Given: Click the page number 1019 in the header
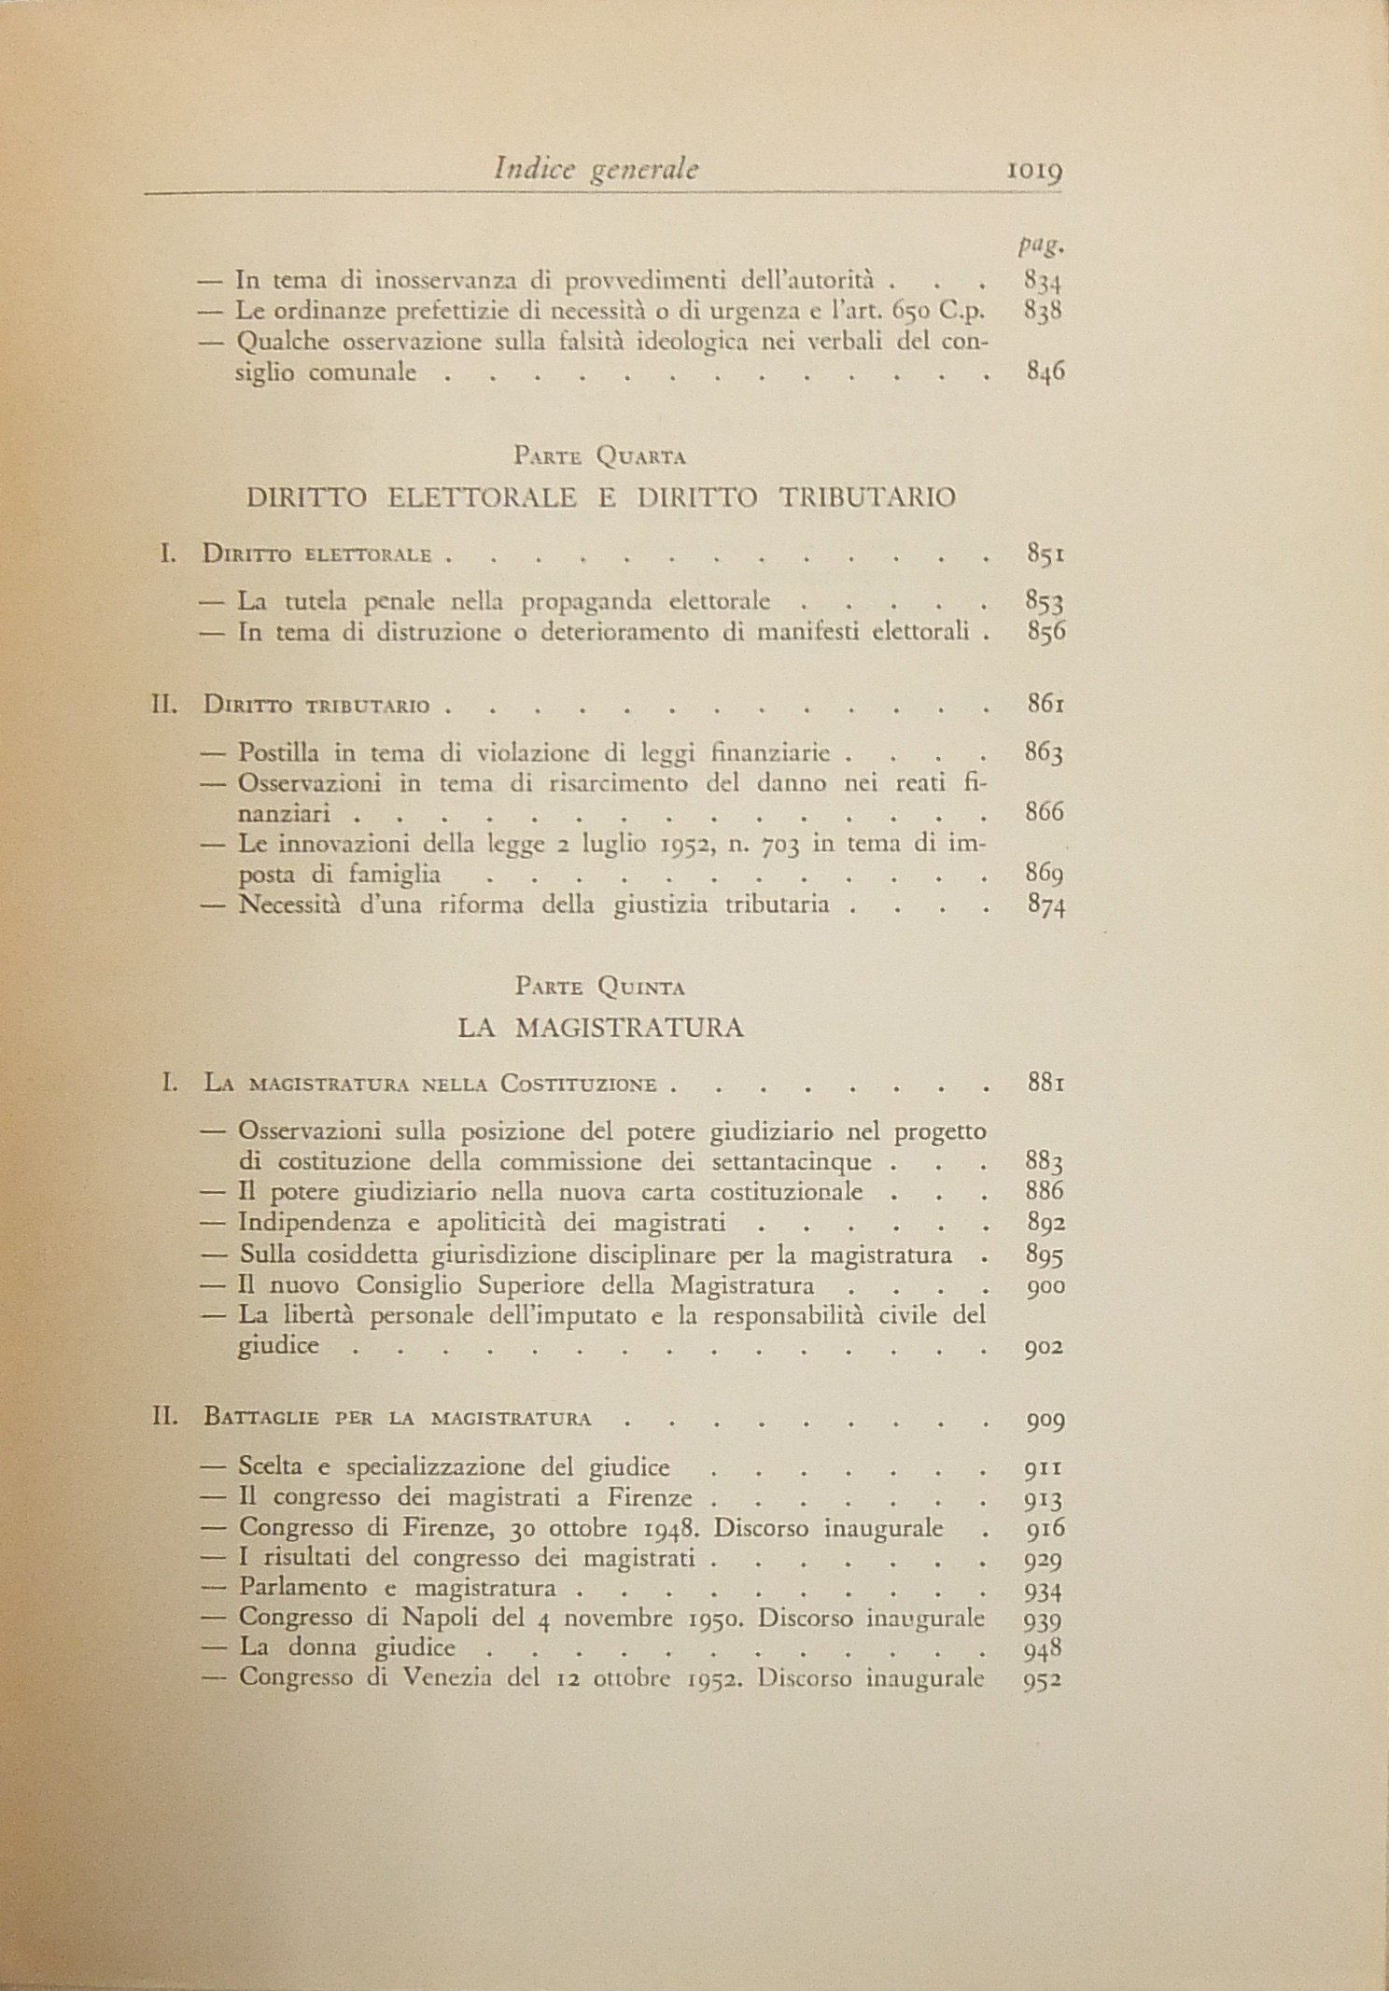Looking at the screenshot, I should tap(1036, 172).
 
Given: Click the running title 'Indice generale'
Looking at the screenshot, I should tap(597, 169).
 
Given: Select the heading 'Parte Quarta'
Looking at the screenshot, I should tap(600, 457).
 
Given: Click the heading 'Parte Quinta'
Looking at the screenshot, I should tap(600, 987).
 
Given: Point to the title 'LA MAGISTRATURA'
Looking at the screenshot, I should tap(600, 1029).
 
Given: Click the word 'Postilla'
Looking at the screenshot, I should tap(278, 751).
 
